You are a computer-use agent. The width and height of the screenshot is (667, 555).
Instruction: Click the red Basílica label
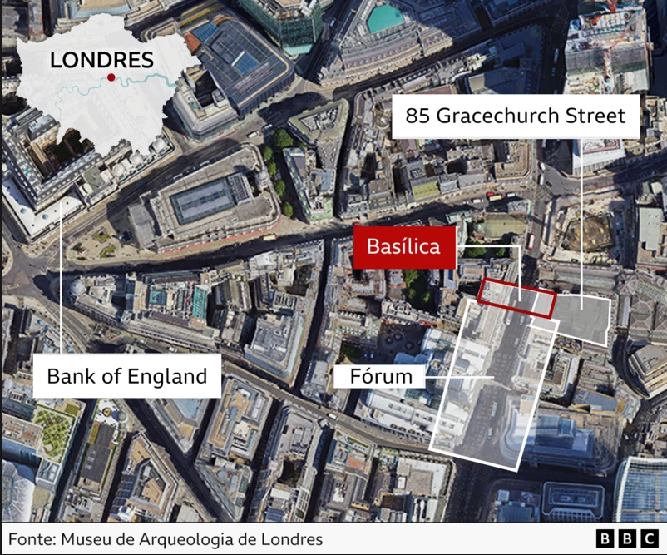point(404,246)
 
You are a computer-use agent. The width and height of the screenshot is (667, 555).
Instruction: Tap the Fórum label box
point(382,377)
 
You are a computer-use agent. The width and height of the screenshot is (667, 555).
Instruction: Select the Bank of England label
point(126,376)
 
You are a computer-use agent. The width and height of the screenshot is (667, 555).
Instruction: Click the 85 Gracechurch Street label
point(515,116)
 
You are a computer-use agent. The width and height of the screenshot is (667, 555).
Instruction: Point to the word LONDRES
point(101,60)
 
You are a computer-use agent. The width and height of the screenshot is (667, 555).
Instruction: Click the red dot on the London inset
point(111,77)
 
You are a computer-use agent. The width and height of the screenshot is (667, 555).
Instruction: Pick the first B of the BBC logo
point(605,538)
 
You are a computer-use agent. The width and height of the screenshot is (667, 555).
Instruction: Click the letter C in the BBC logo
point(647,538)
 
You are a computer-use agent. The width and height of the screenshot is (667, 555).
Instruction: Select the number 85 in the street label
point(417,116)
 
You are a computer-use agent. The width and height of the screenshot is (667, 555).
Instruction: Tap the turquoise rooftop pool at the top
point(384,17)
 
